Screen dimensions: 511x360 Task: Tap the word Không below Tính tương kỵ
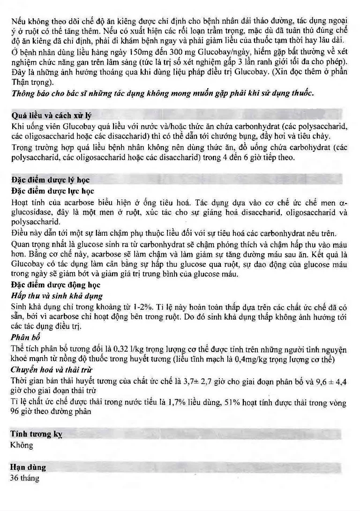(x=22, y=445)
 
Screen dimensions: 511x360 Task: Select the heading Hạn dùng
(x=28, y=467)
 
